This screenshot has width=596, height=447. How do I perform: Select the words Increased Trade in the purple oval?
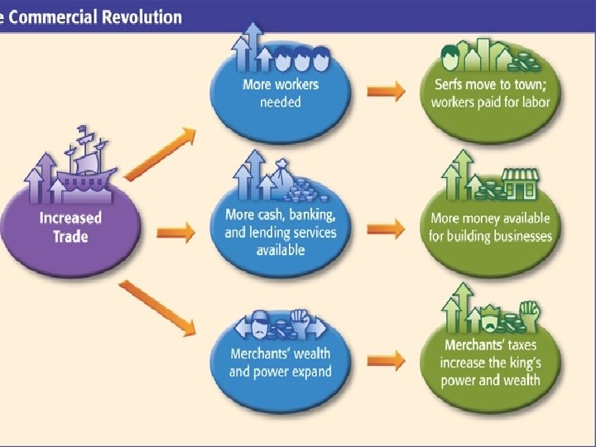pyautogui.click(x=70, y=227)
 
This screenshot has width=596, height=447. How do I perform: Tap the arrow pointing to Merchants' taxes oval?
pyautogui.click(x=386, y=360)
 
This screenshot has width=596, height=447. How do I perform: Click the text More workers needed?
pyautogui.click(x=281, y=94)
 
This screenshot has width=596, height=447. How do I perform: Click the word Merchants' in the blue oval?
pyautogui.click(x=260, y=354)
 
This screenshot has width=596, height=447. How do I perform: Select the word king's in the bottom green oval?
pyautogui.click(x=524, y=363)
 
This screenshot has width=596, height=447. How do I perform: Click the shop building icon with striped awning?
pyautogui.click(x=519, y=184)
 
